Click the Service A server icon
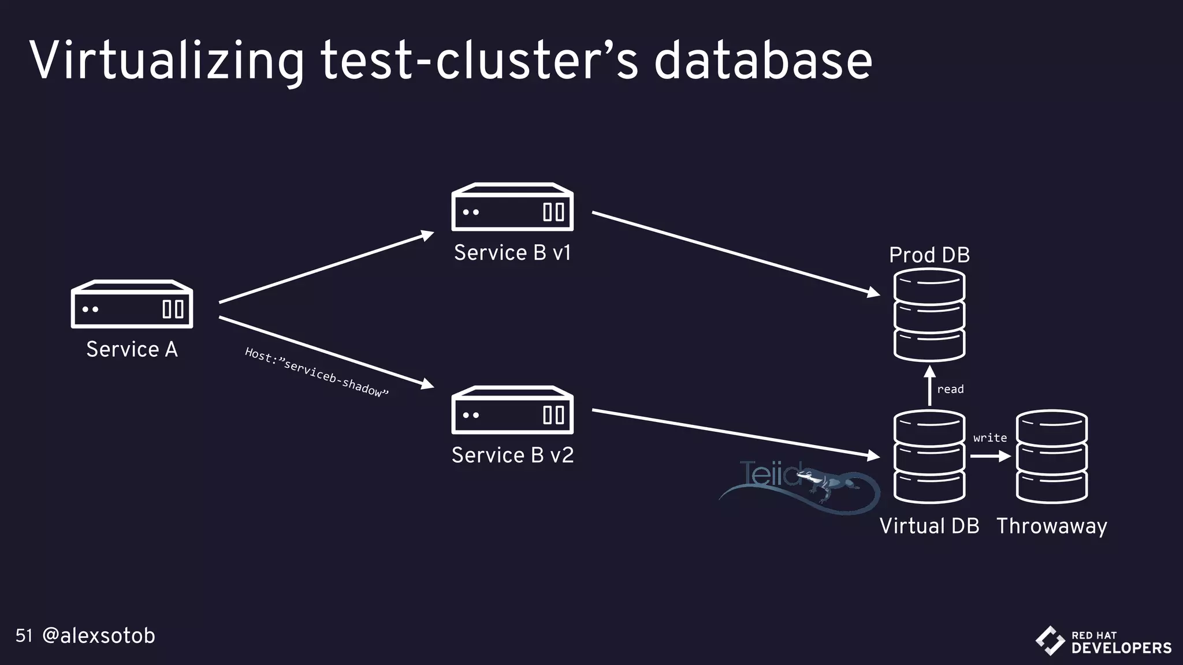132,304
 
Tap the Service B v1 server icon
512,207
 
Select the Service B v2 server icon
512,410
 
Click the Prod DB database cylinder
929,315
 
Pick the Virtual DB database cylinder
929,456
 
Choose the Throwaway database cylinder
1051,456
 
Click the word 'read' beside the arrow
950,390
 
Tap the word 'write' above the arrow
989,438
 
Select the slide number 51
24,636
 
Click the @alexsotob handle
99,636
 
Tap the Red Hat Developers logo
1103,641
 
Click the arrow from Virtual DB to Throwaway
989,456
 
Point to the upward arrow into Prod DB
929,386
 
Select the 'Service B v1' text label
512,253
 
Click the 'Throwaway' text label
1051,526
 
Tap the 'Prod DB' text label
929,255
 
